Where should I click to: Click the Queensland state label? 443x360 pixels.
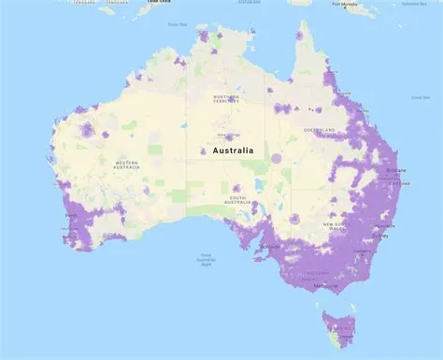click(x=320, y=131)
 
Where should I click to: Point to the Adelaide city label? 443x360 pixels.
click(x=270, y=247)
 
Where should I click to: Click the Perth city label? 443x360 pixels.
click(x=71, y=216)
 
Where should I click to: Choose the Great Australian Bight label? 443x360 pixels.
click(x=206, y=260)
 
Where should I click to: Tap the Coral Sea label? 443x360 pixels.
click(x=421, y=95)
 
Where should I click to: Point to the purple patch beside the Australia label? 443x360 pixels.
click(x=204, y=151)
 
